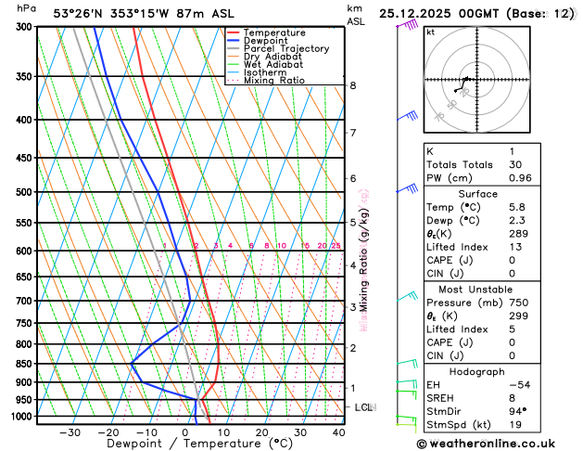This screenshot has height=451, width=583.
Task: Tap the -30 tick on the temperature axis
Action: [70, 432]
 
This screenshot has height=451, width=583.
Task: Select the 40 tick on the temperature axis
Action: [338, 432]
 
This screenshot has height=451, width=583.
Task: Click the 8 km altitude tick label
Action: [352, 85]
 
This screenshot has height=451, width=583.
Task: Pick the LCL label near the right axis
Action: [363, 407]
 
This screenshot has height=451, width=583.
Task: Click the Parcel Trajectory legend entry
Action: [285, 49]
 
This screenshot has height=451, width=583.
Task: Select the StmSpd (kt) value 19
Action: [514, 426]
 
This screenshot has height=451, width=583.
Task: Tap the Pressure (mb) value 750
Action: [518, 303]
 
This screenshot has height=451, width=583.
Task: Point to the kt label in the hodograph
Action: [430, 32]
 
